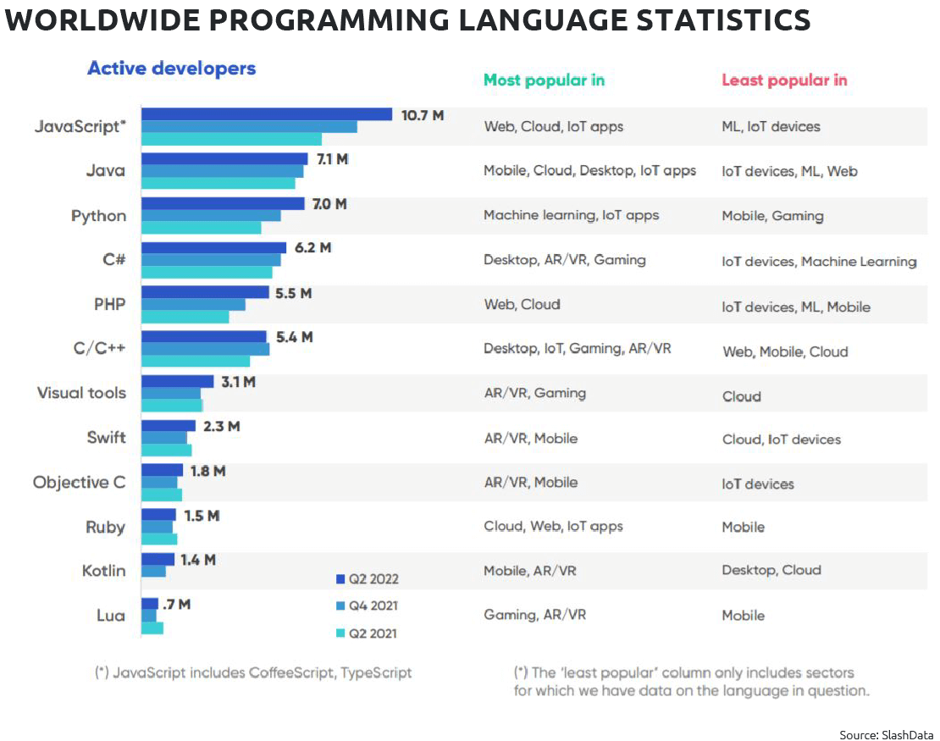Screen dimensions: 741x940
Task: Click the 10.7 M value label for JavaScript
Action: click(x=422, y=115)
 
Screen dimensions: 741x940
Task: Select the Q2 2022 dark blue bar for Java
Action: click(x=224, y=158)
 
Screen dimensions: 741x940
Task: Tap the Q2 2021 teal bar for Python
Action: click(x=201, y=227)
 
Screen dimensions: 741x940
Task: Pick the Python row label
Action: click(x=98, y=216)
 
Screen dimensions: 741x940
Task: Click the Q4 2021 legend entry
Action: click(x=367, y=606)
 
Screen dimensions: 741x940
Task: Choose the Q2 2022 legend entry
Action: click(x=367, y=579)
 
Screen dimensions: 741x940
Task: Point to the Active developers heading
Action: click(x=171, y=69)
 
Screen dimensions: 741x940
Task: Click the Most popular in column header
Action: click(x=544, y=80)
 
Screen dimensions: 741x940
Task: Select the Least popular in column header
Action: click(x=784, y=80)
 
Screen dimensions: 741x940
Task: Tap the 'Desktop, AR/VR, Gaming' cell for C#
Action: click(x=564, y=260)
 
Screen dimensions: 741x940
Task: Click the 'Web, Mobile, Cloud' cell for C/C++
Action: click(x=784, y=351)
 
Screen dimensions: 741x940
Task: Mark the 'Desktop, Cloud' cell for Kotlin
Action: click(x=771, y=570)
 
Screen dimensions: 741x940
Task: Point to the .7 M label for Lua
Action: click(x=176, y=604)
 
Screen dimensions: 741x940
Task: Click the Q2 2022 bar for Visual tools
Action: click(x=177, y=381)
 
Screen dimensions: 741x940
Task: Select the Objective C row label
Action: click(x=79, y=483)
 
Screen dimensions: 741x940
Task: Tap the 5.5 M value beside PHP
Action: click(x=293, y=293)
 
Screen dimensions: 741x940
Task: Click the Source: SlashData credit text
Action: click(x=887, y=733)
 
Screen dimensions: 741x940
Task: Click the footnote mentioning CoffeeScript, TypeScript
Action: click(x=253, y=673)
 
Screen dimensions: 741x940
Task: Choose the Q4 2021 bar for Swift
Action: click(x=164, y=438)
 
